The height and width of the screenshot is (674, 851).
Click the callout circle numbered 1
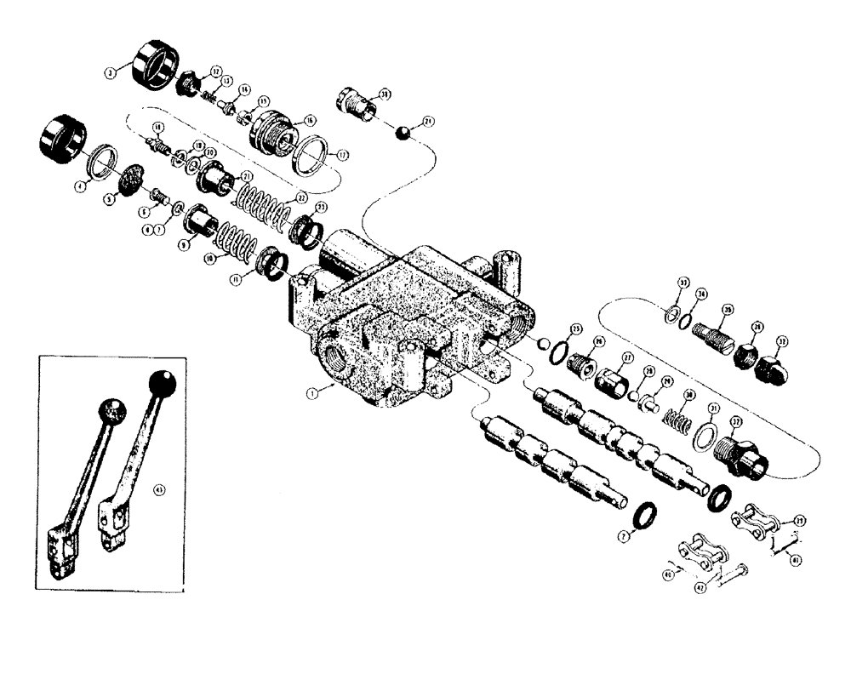[x=313, y=393]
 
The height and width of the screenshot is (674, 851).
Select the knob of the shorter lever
[x=112, y=412]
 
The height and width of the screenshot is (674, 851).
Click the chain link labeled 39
[x=750, y=518]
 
